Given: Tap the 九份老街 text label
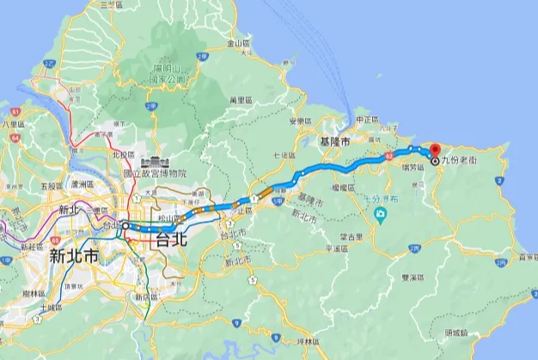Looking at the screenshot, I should click(456, 161).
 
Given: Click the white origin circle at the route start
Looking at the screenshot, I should click(125, 226).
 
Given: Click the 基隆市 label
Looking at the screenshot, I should click(335, 140).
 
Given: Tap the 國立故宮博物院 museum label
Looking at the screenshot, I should click(156, 173).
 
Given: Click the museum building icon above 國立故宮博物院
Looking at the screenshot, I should click(156, 161).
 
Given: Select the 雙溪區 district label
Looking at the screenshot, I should click(413, 278).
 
